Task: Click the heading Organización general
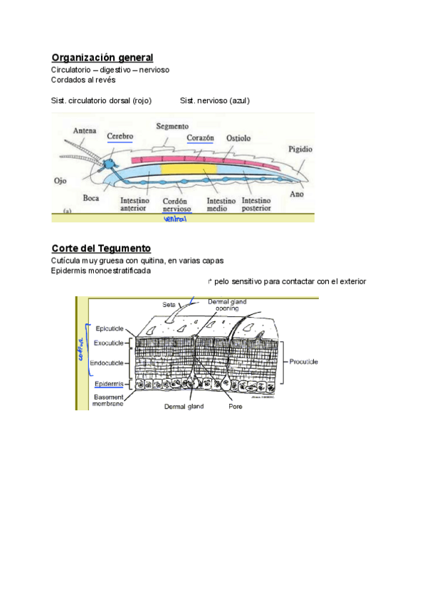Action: tap(102, 57)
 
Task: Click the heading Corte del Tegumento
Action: tap(100, 248)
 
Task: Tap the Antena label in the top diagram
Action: tap(85, 130)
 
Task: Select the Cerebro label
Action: tap(120, 136)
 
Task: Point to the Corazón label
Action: tap(201, 137)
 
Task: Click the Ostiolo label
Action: tap(238, 137)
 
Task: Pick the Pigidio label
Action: tap(300, 150)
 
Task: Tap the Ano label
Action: tap(297, 194)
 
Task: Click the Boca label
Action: tap(90, 198)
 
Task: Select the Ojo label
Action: tap(60, 181)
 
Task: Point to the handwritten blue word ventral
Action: tap(174, 219)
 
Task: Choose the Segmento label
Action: tap(172, 126)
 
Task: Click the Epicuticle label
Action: tap(110, 328)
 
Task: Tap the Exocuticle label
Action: tap(109, 343)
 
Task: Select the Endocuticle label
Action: tap(107, 363)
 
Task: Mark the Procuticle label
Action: tap(303, 362)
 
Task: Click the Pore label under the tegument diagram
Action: tap(235, 407)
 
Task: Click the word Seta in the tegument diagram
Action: tap(169, 304)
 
